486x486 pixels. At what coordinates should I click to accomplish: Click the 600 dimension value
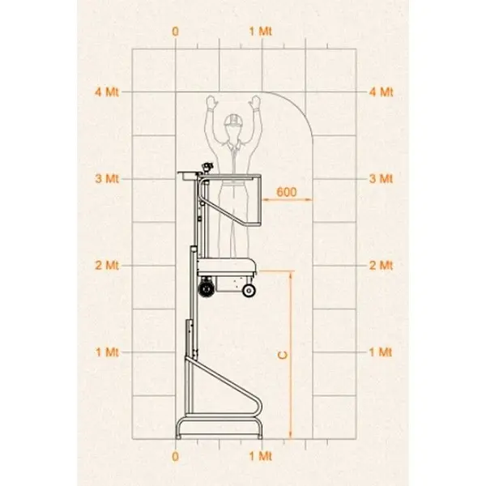(x=287, y=192)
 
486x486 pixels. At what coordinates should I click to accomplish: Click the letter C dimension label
(x=283, y=356)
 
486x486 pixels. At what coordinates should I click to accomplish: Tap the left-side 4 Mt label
(x=107, y=92)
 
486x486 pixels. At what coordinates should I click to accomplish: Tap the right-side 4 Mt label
(x=381, y=92)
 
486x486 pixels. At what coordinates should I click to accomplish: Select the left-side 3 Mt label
(x=107, y=179)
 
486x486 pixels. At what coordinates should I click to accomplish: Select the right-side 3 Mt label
(x=381, y=179)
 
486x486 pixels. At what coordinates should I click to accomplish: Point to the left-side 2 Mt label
(x=107, y=266)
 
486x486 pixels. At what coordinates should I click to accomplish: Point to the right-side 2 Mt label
(x=381, y=266)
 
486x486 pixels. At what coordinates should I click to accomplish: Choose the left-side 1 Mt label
(x=107, y=352)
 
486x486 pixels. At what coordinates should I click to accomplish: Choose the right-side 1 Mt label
(x=381, y=352)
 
